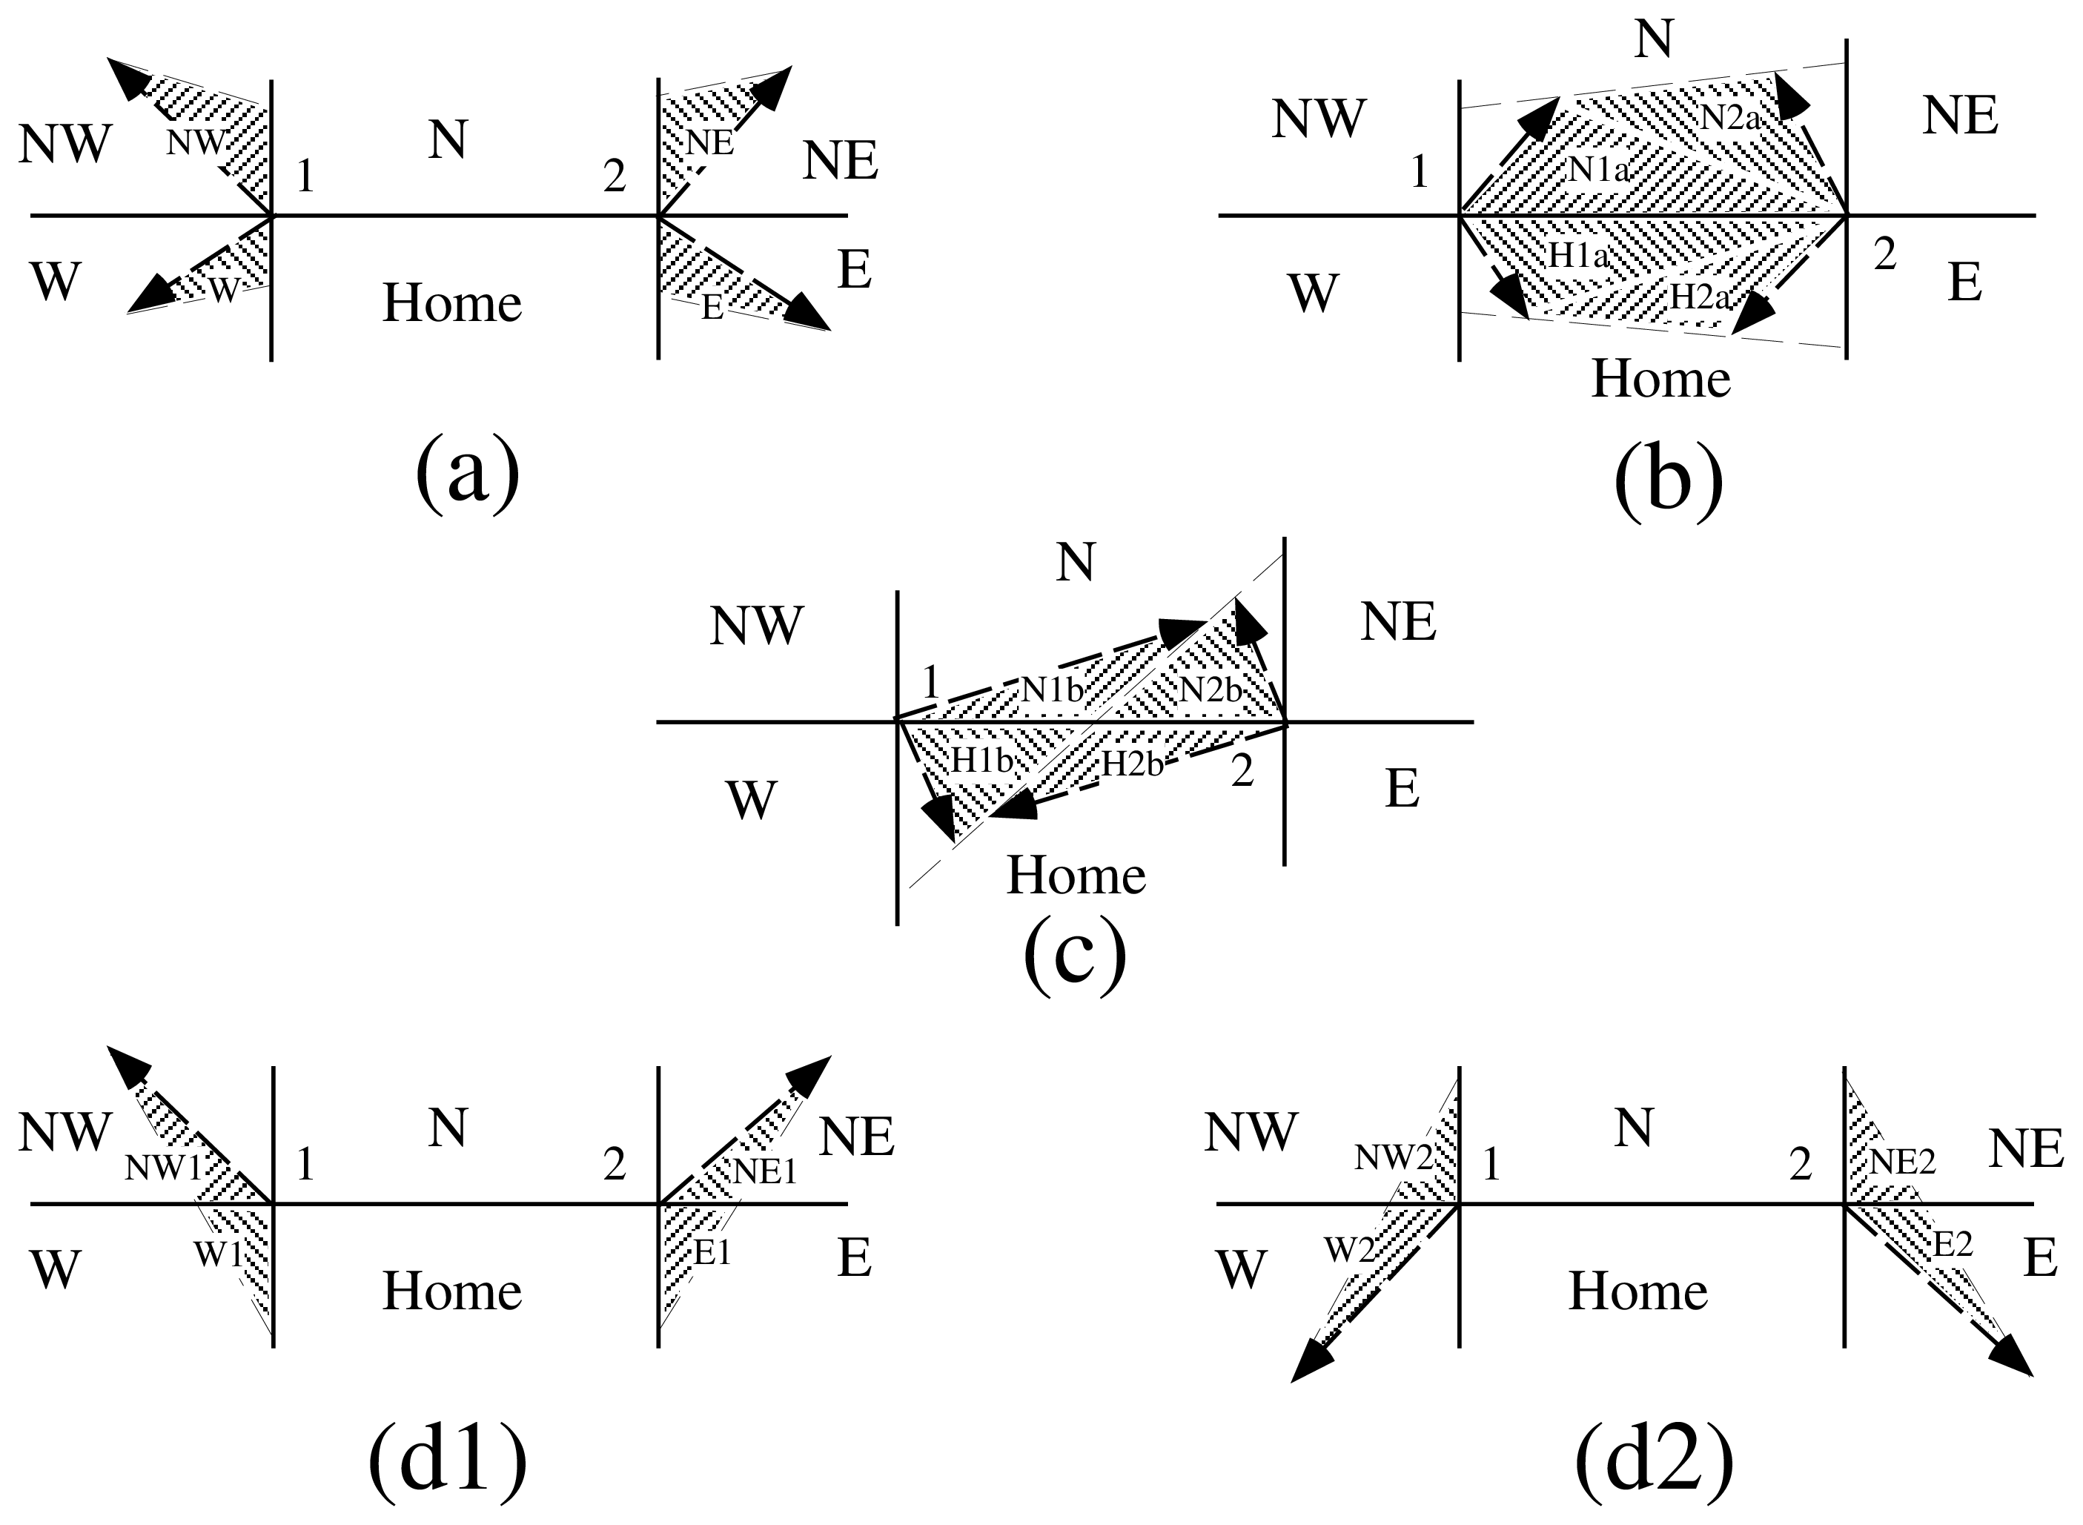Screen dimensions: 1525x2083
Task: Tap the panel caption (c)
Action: (1075, 956)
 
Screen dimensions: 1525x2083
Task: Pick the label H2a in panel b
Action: (1699, 297)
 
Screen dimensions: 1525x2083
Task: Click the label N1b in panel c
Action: (1051, 689)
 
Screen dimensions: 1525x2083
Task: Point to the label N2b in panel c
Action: (1211, 689)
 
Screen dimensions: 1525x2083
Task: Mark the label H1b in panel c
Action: (984, 760)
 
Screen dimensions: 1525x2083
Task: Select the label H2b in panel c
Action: (1133, 764)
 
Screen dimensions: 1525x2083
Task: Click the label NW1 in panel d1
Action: (163, 1168)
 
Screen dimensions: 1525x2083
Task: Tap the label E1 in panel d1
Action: (712, 1253)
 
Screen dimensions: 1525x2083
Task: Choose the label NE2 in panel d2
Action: (1902, 1161)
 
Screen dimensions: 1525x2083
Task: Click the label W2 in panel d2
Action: (1349, 1250)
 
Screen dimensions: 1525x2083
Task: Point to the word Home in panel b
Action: (1660, 379)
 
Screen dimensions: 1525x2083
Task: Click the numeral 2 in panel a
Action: (615, 176)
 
